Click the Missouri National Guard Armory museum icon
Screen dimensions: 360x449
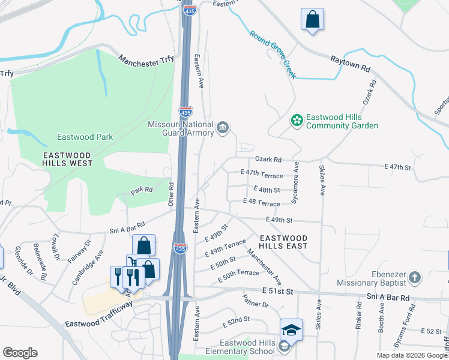223,128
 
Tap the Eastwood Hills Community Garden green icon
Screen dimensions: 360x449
296,121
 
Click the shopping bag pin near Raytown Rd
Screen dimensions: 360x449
312,20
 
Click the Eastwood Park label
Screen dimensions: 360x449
85,137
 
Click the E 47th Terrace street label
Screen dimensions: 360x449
261,175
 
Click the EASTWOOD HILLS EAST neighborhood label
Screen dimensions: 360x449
283,242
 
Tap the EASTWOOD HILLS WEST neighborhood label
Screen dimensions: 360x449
67,158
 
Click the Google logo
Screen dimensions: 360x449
20,353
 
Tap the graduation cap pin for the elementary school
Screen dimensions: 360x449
291,330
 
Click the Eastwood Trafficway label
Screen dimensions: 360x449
98,313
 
